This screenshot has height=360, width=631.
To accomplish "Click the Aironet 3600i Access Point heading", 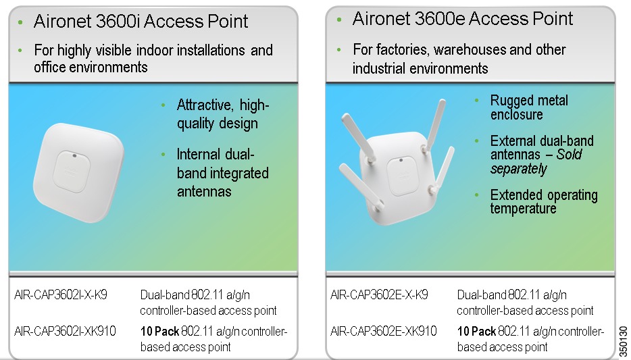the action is tap(141, 22).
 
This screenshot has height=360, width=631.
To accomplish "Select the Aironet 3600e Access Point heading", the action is tap(463, 18).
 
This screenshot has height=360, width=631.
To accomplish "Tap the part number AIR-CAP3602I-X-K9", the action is tap(61, 295).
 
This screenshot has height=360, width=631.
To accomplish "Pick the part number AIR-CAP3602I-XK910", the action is tap(65, 331).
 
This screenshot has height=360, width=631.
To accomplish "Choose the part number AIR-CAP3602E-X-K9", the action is tap(380, 295).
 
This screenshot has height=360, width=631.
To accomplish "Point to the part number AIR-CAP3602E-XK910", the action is tap(384, 331).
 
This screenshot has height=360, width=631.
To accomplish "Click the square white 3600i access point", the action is tap(78, 172).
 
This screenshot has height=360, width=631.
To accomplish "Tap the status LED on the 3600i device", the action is tap(74, 155).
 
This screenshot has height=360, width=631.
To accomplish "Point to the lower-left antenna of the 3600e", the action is tap(360, 186).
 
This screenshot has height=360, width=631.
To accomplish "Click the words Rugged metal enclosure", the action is tap(529, 107).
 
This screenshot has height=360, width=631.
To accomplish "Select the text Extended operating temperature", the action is tap(544, 201).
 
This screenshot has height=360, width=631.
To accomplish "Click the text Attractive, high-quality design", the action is tap(223, 114).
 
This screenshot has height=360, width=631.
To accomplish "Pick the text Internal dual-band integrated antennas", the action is tap(223, 172).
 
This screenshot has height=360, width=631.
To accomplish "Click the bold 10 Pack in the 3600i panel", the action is tap(159, 331).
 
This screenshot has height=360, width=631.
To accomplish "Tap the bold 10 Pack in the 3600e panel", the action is tap(476, 331).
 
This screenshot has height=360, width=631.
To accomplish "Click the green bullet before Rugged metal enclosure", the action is tap(477, 100).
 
